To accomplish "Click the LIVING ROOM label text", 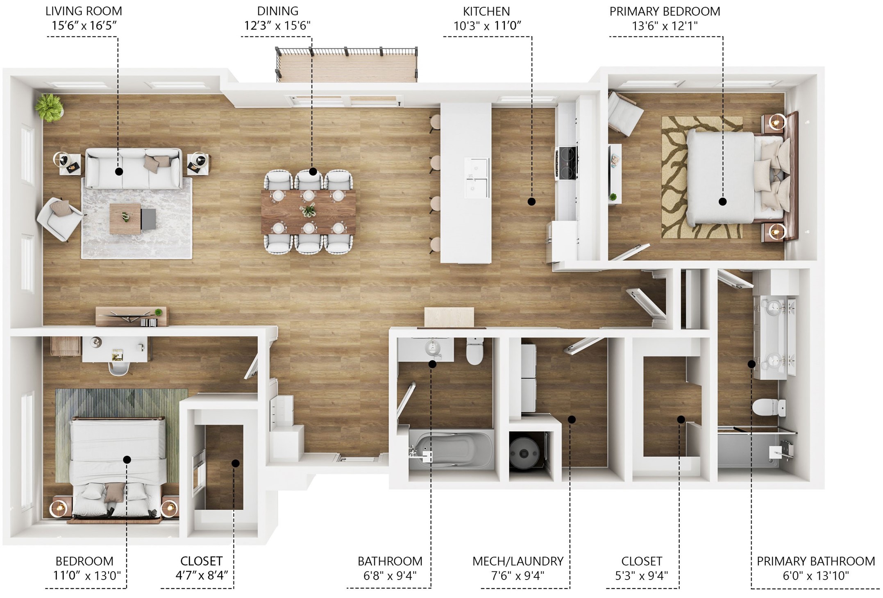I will point(84,11).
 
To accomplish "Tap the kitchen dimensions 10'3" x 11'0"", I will point(487,26).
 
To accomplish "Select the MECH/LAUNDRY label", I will point(518,561).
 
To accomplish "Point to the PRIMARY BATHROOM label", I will point(815,561).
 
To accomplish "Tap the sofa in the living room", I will point(134,169).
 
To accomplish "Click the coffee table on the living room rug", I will point(125,218).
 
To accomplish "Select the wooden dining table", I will point(308,211).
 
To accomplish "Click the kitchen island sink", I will point(477,178).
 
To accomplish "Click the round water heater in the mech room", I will point(524,453).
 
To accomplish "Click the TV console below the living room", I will point(131,316).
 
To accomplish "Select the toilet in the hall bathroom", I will point(474,352).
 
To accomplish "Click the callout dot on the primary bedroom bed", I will point(722,202).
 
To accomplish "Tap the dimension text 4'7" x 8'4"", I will point(201,575).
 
